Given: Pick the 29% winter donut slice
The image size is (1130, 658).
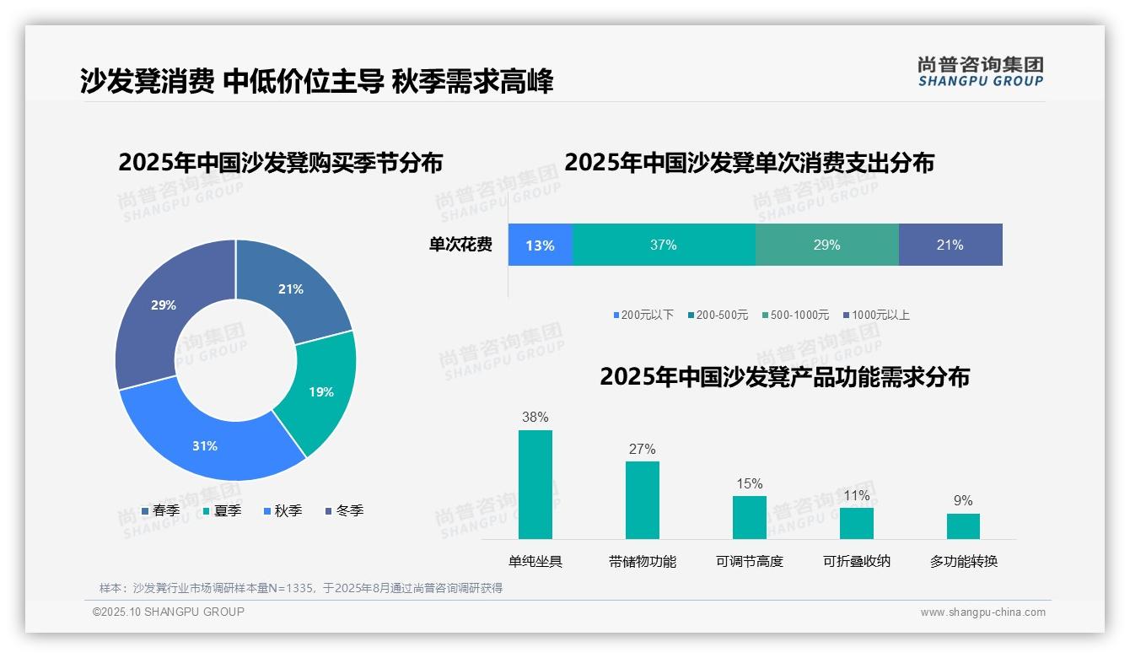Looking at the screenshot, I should coord(164,308).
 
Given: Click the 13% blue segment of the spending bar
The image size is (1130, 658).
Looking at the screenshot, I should coord(540,245).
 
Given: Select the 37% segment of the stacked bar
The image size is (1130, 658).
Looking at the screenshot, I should coord(664,245).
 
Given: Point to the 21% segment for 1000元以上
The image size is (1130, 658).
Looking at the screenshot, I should coord(950,245).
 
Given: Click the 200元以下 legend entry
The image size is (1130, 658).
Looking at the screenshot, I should coord(643,315).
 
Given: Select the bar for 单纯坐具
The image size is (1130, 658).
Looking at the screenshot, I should coord(535,484).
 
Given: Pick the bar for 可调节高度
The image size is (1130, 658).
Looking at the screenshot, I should coord(749,516).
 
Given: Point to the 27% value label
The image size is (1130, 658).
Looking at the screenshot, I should coord(642,449).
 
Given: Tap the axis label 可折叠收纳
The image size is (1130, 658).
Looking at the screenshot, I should coord(856,561).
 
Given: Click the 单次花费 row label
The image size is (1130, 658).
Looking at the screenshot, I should coord(460,245).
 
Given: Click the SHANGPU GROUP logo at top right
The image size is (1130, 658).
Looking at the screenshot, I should coord(980,72).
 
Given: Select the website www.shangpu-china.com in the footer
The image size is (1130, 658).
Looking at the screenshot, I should coord(982,612).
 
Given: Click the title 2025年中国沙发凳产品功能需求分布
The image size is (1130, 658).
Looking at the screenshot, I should coord(784,376).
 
